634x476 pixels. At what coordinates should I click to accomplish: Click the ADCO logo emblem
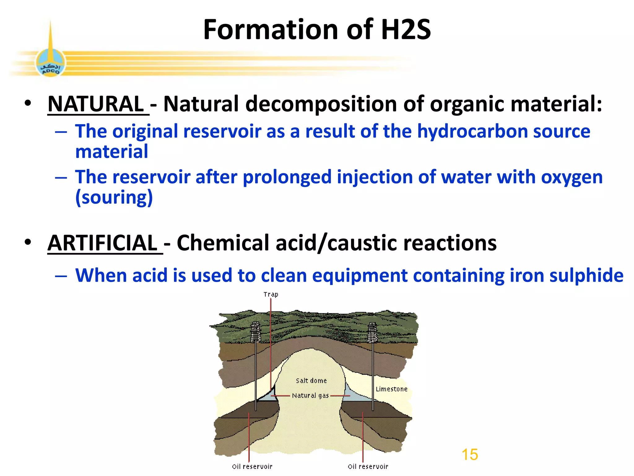coord(50,63)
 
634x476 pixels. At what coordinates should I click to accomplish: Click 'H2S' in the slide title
coord(406,30)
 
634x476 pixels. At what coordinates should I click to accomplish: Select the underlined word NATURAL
coord(96,104)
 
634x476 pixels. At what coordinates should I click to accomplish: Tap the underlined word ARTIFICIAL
coord(103,243)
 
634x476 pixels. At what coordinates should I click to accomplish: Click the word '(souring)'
coord(114,198)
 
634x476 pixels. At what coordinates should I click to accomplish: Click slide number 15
coord(470,455)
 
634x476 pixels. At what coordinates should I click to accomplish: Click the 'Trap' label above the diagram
coord(271,294)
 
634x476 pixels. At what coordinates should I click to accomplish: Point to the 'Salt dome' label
coord(311,381)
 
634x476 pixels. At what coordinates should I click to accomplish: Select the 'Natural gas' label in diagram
coord(310,396)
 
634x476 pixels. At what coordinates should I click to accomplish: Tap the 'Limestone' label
coord(391,389)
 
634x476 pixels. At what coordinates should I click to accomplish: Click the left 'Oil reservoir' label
coord(252,466)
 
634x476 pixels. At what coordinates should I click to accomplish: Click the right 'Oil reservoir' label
coord(368,466)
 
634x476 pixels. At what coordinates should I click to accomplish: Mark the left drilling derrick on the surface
coord(255,332)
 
